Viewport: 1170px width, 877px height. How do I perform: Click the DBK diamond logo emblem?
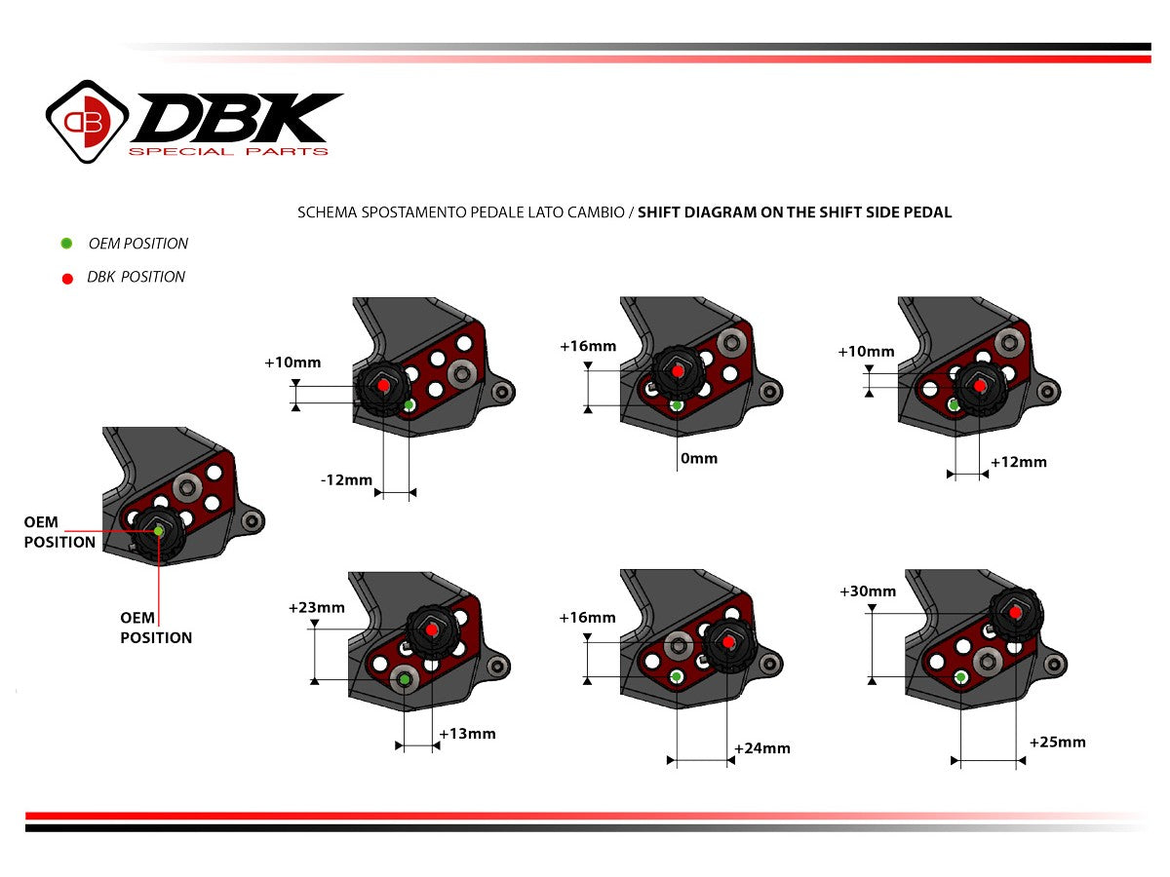[x=88, y=121]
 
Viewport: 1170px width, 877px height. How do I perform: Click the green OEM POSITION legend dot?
[x=66, y=244]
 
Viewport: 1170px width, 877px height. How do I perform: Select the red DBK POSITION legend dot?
[x=67, y=279]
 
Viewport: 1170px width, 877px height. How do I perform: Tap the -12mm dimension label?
[x=346, y=479]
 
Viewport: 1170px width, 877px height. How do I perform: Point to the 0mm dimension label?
[x=698, y=458]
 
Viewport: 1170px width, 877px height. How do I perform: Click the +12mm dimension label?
[x=1018, y=462]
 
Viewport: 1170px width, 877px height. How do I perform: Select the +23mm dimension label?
[x=316, y=608]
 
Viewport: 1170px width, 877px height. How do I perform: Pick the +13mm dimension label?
[x=467, y=734]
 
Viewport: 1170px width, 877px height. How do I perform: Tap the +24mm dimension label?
[x=761, y=748]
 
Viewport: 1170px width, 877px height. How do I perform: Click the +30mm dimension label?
[x=867, y=591]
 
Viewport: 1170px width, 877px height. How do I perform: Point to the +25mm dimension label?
[x=1057, y=743]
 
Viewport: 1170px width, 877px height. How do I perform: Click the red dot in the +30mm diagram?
[x=1016, y=613]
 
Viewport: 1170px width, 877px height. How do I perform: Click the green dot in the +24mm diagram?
[x=676, y=676]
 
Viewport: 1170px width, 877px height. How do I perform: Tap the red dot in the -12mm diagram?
[x=383, y=386]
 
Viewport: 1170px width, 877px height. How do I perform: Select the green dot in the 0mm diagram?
[x=677, y=405]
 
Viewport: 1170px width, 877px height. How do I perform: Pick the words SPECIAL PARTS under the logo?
[x=228, y=151]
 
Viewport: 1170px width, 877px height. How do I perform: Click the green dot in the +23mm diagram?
[x=404, y=677]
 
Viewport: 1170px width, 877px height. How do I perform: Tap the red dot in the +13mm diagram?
[x=433, y=629]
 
